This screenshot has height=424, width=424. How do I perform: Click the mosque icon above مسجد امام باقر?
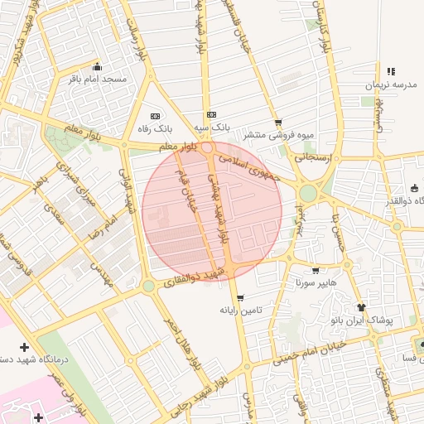(97, 67)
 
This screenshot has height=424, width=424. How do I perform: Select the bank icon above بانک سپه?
(211, 115)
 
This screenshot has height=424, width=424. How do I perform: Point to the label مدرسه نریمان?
(389, 84)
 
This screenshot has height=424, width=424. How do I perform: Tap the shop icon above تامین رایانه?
(240, 298)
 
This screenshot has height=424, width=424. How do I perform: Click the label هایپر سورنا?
(316, 282)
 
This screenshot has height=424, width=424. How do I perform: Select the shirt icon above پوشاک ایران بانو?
(360, 307)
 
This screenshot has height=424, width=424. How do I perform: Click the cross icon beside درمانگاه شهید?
(24, 346)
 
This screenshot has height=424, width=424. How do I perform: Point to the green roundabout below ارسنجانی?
(308, 193)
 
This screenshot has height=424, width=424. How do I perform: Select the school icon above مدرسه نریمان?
(389, 71)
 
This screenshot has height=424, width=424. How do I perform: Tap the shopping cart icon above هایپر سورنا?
(316, 270)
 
